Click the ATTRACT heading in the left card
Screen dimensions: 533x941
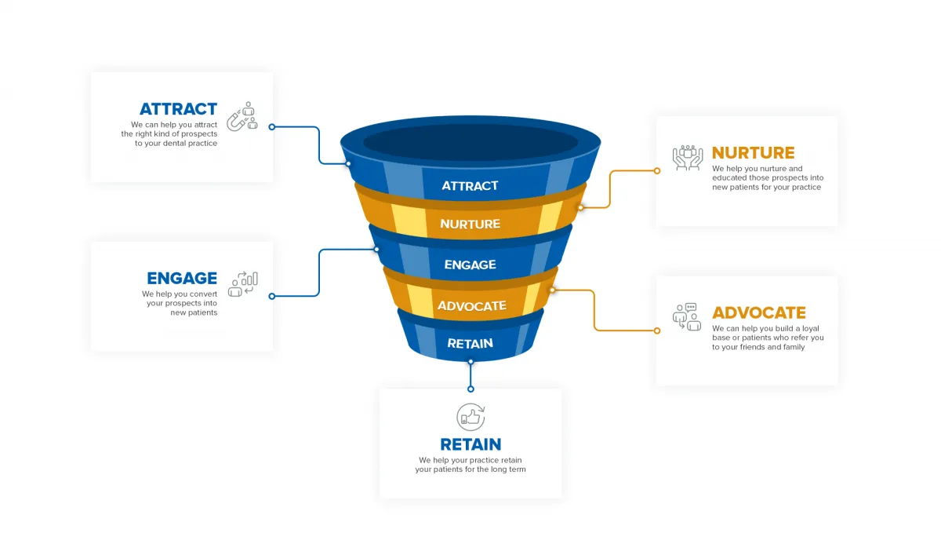click(x=178, y=109)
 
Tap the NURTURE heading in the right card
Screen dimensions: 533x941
click(x=753, y=153)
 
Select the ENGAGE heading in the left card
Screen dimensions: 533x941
click(x=182, y=278)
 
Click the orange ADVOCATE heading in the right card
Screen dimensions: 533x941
click(x=758, y=312)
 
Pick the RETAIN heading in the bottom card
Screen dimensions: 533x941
click(x=470, y=444)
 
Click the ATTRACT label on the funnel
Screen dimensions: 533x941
click(x=470, y=186)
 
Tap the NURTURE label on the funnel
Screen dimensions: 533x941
click(x=470, y=225)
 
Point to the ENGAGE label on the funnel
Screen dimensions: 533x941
click(x=470, y=265)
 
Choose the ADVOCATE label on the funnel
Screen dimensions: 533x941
click(x=471, y=305)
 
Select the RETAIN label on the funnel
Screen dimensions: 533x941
click(x=470, y=343)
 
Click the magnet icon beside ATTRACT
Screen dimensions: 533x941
click(x=242, y=116)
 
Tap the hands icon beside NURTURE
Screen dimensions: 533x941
click(x=688, y=157)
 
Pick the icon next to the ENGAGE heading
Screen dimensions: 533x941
click(x=243, y=283)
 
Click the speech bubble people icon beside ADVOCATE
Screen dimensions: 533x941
click(x=687, y=316)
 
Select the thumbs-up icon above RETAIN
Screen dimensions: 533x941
click(x=470, y=416)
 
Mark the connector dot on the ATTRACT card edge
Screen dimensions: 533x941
click(x=271, y=126)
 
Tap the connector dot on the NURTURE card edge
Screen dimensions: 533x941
click(x=657, y=170)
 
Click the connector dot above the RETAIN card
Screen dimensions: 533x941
click(x=470, y=389)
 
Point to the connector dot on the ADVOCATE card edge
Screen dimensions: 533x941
click(x=657, y=330)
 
